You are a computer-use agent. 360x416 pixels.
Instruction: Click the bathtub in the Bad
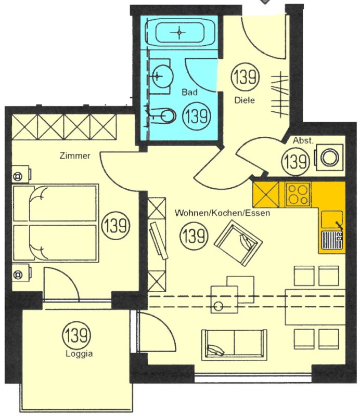(179, 33)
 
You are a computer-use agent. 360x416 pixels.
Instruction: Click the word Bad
(189, 93)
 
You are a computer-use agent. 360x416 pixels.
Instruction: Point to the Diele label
(245, 100)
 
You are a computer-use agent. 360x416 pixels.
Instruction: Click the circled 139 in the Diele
(245, 77)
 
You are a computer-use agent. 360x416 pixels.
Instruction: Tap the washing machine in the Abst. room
(329, 158)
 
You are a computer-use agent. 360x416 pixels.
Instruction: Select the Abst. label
(303, 140)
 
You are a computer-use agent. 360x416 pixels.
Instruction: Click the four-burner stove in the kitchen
(299, 194)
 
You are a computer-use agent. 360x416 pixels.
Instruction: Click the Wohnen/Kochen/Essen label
(222, 213)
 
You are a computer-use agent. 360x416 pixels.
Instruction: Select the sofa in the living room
(234, 345)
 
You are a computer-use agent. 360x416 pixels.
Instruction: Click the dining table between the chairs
(315, 307)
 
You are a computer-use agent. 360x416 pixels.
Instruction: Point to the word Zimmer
(75, 155)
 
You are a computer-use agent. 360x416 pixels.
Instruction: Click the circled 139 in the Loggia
(76, 335)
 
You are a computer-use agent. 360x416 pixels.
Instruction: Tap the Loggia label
(79, 354)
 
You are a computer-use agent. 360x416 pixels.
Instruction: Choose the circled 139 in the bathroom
(197, 116)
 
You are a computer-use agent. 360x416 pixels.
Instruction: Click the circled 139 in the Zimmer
(117, 225)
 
